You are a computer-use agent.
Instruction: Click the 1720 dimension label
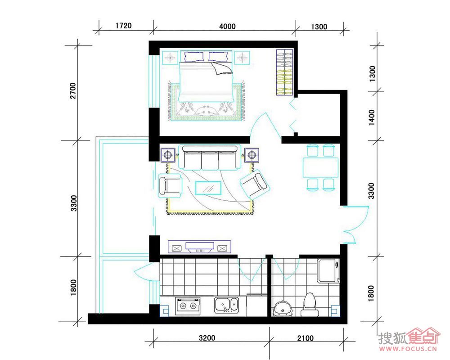[x=123, y=26]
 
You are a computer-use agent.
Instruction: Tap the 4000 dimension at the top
[x=227, y=27]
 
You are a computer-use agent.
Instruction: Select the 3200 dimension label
[x=207, y=337]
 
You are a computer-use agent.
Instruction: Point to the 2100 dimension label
[x=306, y=338]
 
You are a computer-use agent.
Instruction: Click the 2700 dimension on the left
[x=73, y=91]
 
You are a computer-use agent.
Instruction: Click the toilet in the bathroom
[x=310, y=305]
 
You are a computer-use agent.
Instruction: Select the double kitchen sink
[x=226, y=305]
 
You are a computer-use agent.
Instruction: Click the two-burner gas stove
[x=188, y=306]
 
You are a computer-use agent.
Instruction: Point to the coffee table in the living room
[x=208, y=188]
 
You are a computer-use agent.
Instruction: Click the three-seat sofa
[x=210, y=157]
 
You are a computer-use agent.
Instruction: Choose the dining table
[x=320, y=167]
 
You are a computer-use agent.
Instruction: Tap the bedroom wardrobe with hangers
[x=285, y=72]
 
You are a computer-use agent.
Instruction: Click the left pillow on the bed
[x=194, y=57]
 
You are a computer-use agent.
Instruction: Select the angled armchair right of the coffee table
[x=255, y=184]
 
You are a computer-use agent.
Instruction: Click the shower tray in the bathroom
[x=328, y=270]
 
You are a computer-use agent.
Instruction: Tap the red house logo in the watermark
[x=423, y=336]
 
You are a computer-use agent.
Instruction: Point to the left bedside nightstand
[x=171, y=58]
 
